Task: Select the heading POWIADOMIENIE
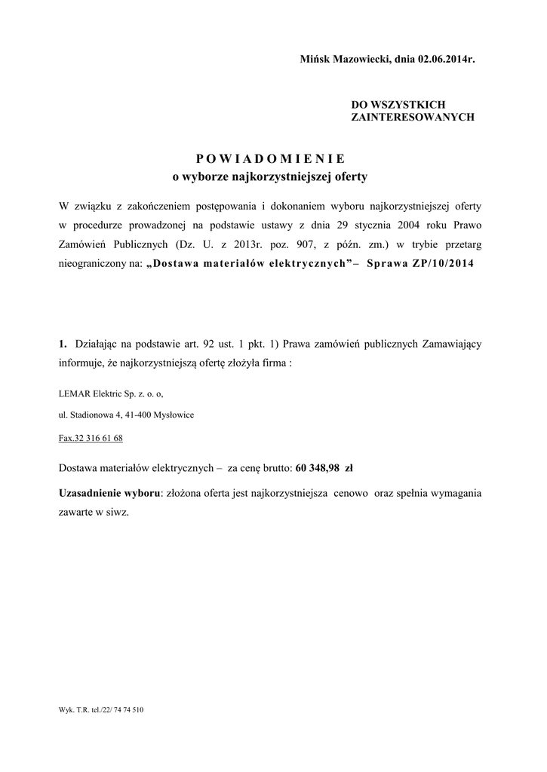pyautogui.click(x=270, y=158)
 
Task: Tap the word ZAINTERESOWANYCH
pyautogui.click(x=413, y=118)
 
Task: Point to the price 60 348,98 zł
pyautogui.click(x=324, y=468)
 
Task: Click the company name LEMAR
pyautogui.click(x=72, y=394)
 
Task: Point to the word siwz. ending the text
pyautogui.click(x=117, y=511)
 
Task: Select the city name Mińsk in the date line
pyautogui.click(x=315, y=59)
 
